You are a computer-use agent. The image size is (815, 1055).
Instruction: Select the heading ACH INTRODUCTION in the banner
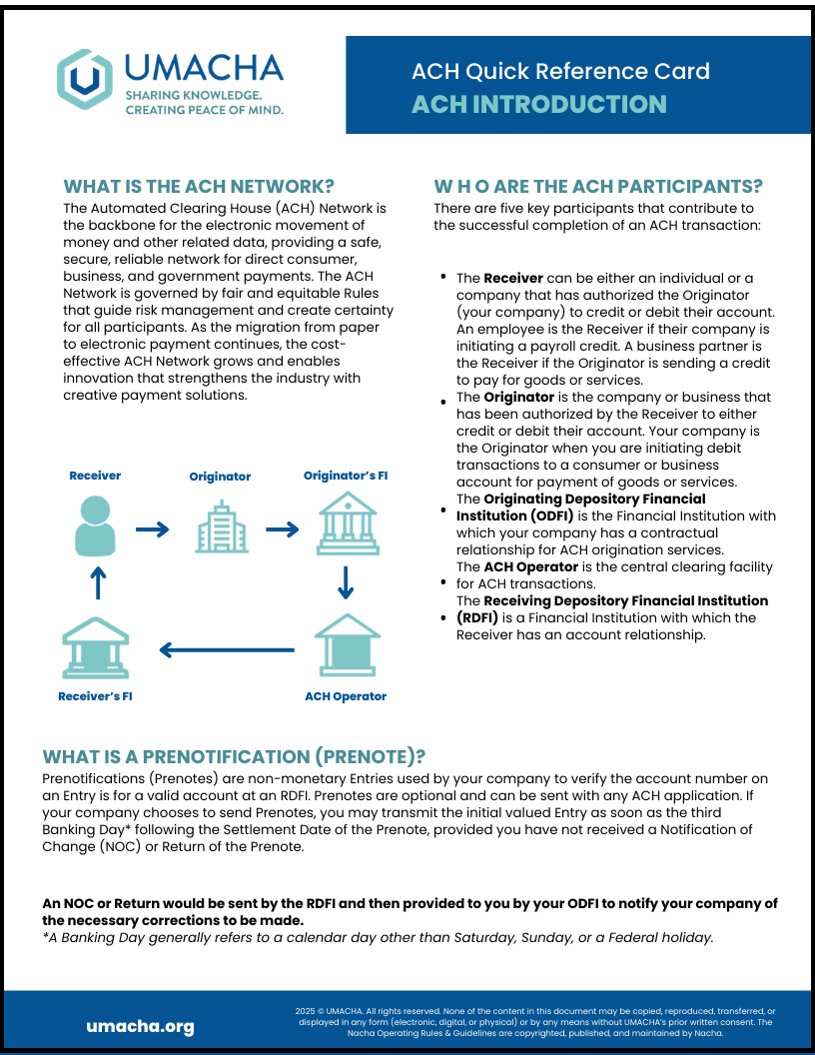click(x=539, y=104)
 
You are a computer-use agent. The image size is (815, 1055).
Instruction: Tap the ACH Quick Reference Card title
click(x=560, y=71)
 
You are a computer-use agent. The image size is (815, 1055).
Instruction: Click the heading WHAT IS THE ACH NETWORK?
click(x=199, y=187)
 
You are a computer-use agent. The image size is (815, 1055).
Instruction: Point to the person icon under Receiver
click(x=96, y=528)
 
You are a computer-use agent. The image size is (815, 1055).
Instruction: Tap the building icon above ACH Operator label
click(x=346, y=643)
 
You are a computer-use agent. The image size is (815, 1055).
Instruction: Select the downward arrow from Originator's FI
click(x=346, y=582)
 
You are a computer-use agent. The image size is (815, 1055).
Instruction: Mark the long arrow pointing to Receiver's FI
click(x=227, y=651)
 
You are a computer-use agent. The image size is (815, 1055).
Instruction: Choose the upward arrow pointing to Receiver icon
click(x=97, y=582)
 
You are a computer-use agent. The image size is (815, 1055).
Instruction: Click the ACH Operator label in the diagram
click(x=346, y=696)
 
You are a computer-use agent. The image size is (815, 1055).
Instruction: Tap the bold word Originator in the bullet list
click(x=518, y=397)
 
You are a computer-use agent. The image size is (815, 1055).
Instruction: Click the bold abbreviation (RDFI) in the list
click(x=477, y=617)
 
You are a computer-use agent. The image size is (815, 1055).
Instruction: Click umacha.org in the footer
click(x=140, y=1027)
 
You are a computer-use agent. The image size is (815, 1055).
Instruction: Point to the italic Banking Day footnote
click(x=378, y=937)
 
